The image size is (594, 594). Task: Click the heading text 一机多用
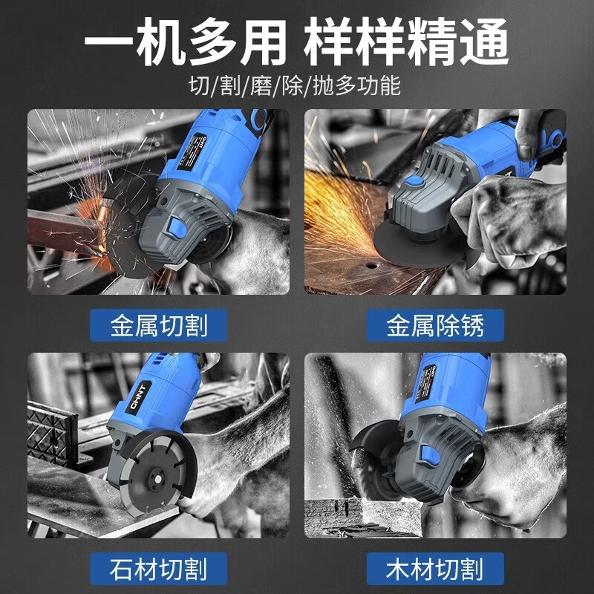click(x=185, y=42)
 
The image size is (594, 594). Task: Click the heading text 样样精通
click(x=407, y=42)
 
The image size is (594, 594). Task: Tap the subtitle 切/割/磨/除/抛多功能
click(x=296, y=86)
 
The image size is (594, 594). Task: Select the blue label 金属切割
click(x=158, y=325)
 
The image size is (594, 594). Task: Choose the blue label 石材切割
click(x=158, y=570)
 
